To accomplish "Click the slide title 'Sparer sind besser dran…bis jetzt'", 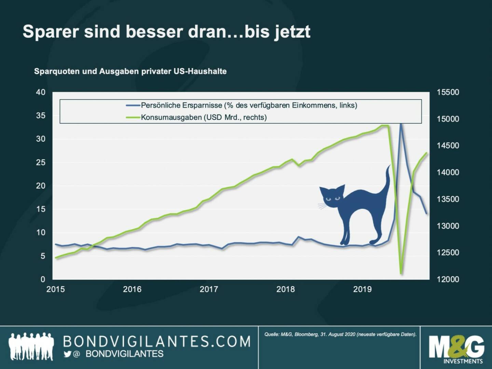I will pos(166,31).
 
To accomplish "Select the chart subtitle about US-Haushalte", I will pos(130,72).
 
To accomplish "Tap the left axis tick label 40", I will pos(41,92).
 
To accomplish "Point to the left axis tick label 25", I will pos(41,162).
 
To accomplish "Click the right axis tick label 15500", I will pos(448,92).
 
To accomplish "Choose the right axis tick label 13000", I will pos(448,226).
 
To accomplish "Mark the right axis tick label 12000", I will pos(448,279).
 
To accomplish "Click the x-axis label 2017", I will pos(208,289).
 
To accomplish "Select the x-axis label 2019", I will pos(362,289).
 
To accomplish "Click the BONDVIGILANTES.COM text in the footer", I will pos(157,342).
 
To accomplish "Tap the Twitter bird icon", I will pos(67,354).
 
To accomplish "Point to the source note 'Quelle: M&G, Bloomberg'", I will pos(340,334).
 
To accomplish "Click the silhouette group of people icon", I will pos(31,346).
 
